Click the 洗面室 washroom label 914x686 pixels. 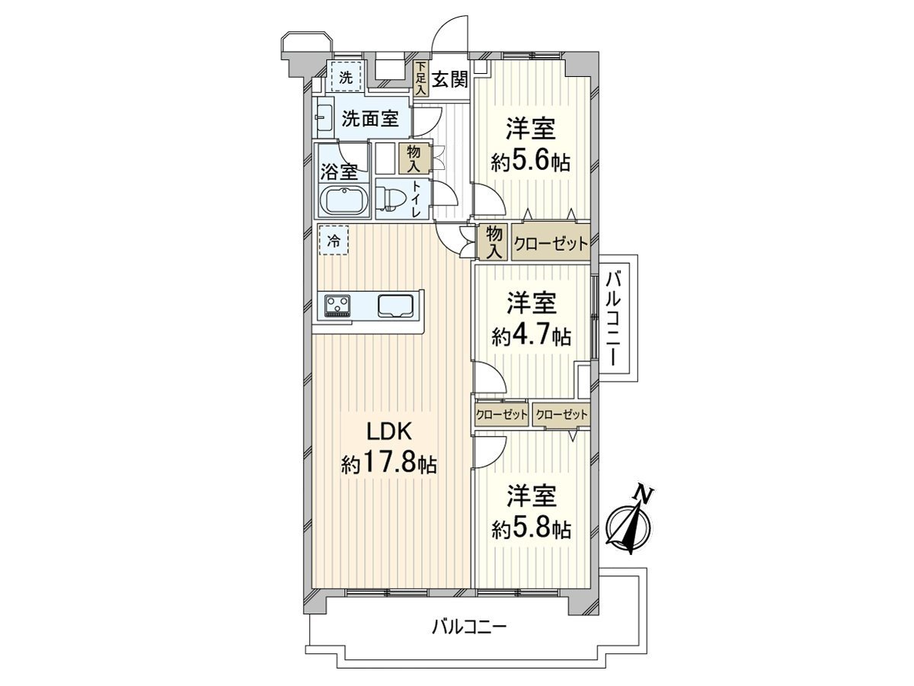pos(370,119)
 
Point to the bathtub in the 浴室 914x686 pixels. pos(344,201)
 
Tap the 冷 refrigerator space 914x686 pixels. pos(334,240)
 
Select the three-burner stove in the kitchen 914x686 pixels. pos(338,306)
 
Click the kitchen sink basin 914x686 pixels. pos(395,306)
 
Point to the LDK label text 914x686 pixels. pos(389,431)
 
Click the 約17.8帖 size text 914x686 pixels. pos(389,463)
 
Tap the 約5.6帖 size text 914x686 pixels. pos(530,161)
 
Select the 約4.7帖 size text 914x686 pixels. pos(531,335)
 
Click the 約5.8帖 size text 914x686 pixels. pos(531,529)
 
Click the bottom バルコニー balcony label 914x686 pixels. pos(468,639)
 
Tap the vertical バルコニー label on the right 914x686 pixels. pos(613,318)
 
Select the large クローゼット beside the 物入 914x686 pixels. pos(551,243)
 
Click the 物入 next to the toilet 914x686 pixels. pos(413,159)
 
